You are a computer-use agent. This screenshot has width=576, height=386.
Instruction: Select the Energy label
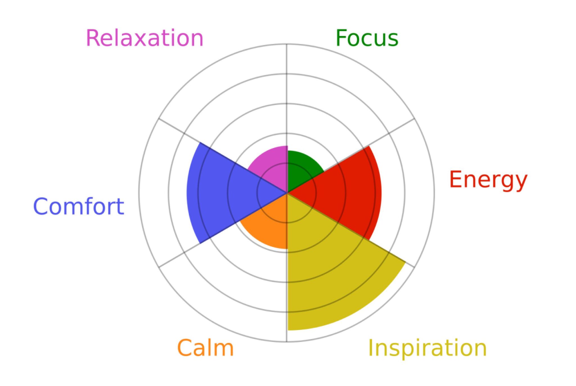tap(488, 180)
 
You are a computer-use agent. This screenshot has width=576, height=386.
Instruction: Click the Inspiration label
tap(427, 348)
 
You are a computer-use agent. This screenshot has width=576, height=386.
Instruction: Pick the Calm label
tap(205, 348)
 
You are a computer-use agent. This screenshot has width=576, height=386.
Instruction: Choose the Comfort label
tap(79, 207)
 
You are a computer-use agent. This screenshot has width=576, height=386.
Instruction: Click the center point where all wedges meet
tap(287, 193)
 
